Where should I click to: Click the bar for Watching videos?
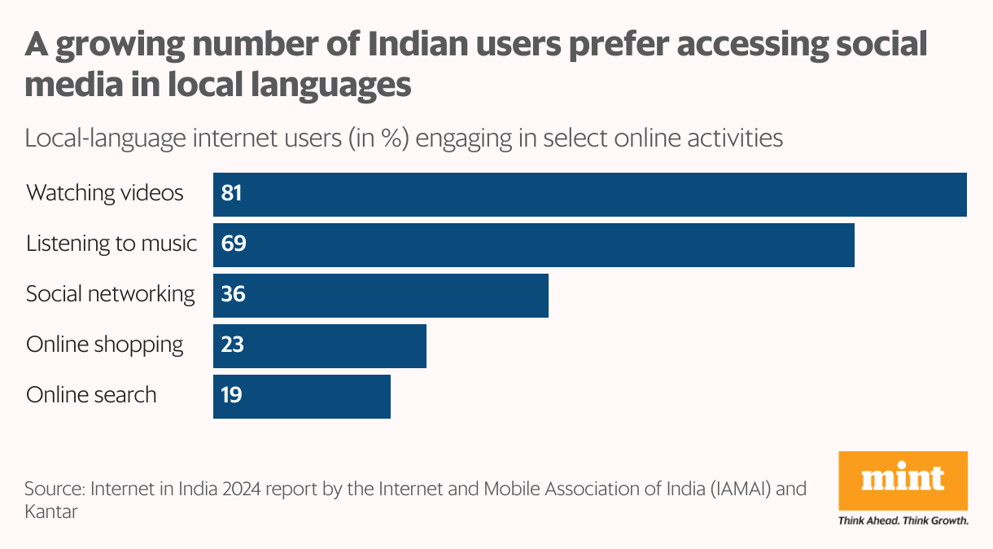pyautogui.click(x=590, y=194)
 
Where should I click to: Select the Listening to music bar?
pyautogui.click(x=534, y=244)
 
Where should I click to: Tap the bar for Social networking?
pyautogui.click(x=381, y=295)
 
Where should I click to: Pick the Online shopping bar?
pyautogui.click(x=320, y=345)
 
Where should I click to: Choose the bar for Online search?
pyautogui.click(x=302, y=396)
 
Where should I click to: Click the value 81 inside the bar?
pyautogui.click(x=232, y=194)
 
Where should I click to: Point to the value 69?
pyautogui.click(x=234, y=244)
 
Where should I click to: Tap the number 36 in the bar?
pyautogui.click(x=234, y=295)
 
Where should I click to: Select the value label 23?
pyautogui.click(x=233, y=345)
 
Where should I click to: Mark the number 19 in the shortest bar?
pyautogui.click(x=232, y=396)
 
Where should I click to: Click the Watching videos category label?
pyautogui.click(x=105, y=194)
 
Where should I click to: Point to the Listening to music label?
pyautogui.click(x=112, y=244)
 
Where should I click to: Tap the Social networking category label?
pyautogui.click(x=111, y=294)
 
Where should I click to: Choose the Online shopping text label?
pyautogui.click(x=105, y=345)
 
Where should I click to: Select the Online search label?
pyautogui.click(x=91, y=395)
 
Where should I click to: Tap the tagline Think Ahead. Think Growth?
pyautogui.click(x=903, y=520)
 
